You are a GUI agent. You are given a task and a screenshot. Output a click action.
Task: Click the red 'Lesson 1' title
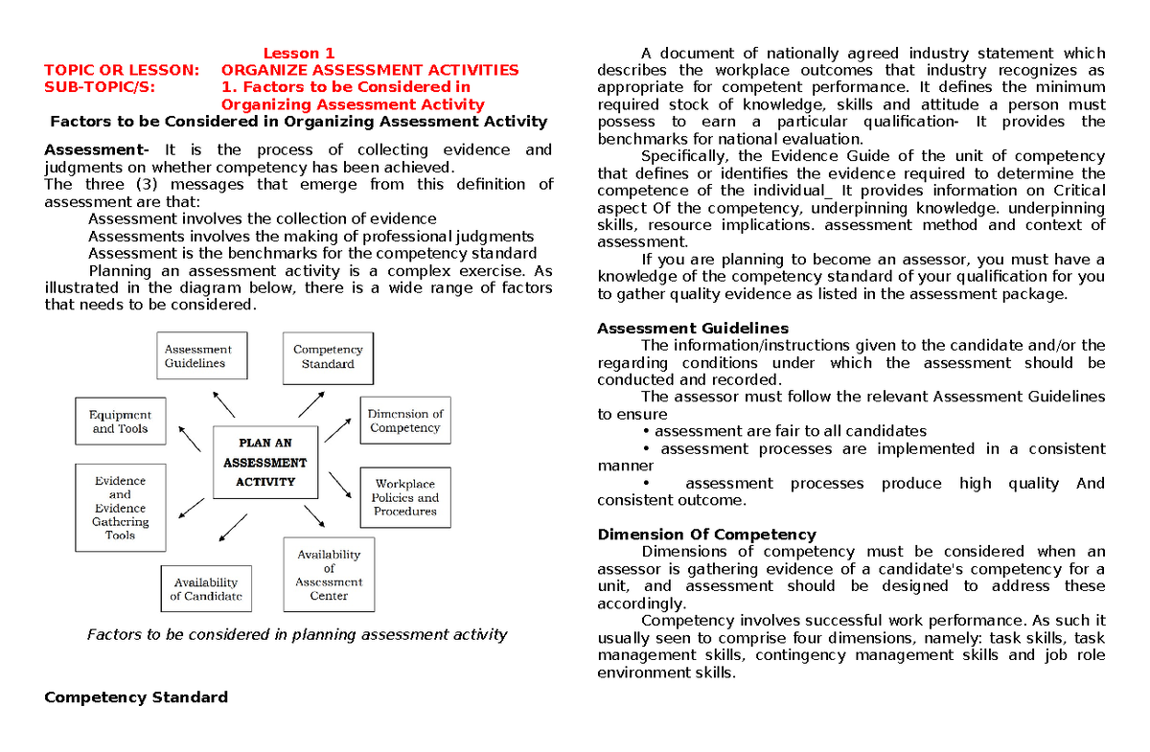click(x=299, y=54)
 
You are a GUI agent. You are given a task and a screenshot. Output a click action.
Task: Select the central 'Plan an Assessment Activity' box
click(x=265, y=463)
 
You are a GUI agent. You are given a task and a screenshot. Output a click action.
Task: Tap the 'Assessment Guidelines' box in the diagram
click(x=201, y=356)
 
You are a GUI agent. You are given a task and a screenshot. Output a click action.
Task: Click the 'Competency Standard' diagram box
click(x=328, y=356)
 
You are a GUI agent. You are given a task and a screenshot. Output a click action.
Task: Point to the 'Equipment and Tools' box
click(x=120, y=422)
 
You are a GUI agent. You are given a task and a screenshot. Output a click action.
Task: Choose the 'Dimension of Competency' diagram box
click(x=404, y=422)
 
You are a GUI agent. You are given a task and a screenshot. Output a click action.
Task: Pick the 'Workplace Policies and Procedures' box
click(x=404, y=497)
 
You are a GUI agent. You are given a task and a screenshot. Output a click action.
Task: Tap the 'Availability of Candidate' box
click(x=206, y=589)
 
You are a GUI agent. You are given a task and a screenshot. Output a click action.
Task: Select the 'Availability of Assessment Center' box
click(x=328, y=575)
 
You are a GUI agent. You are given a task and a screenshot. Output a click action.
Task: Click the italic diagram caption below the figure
click(x=296, y=634)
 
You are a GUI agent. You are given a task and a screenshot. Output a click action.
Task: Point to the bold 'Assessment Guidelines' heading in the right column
click(x=692, y=329)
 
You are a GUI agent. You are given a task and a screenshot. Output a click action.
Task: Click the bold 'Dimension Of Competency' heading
click(x=705, y=535)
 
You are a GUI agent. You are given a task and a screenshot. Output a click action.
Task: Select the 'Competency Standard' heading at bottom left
click(x=136, y=697)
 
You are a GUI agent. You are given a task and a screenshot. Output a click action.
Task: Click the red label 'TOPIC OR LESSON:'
click(x=123, y=70)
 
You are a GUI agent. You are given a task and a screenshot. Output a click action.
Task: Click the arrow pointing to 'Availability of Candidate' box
click(x=233, y=529)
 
